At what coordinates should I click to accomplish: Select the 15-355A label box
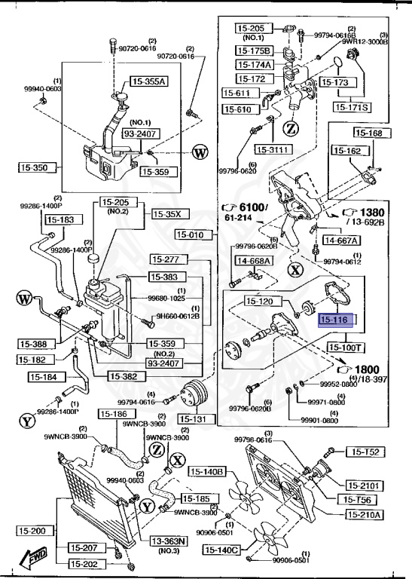click(149, 81)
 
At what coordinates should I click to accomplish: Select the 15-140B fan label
click(206, 472)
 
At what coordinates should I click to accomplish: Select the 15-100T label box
click(345, 348)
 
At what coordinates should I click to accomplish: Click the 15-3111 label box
click(273, 149)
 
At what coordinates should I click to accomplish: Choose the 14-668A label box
click(254, 262)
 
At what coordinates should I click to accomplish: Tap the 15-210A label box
click(365, 515)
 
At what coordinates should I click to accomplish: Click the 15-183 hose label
click(61, 220)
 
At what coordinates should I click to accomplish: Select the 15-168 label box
click(369, 133)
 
